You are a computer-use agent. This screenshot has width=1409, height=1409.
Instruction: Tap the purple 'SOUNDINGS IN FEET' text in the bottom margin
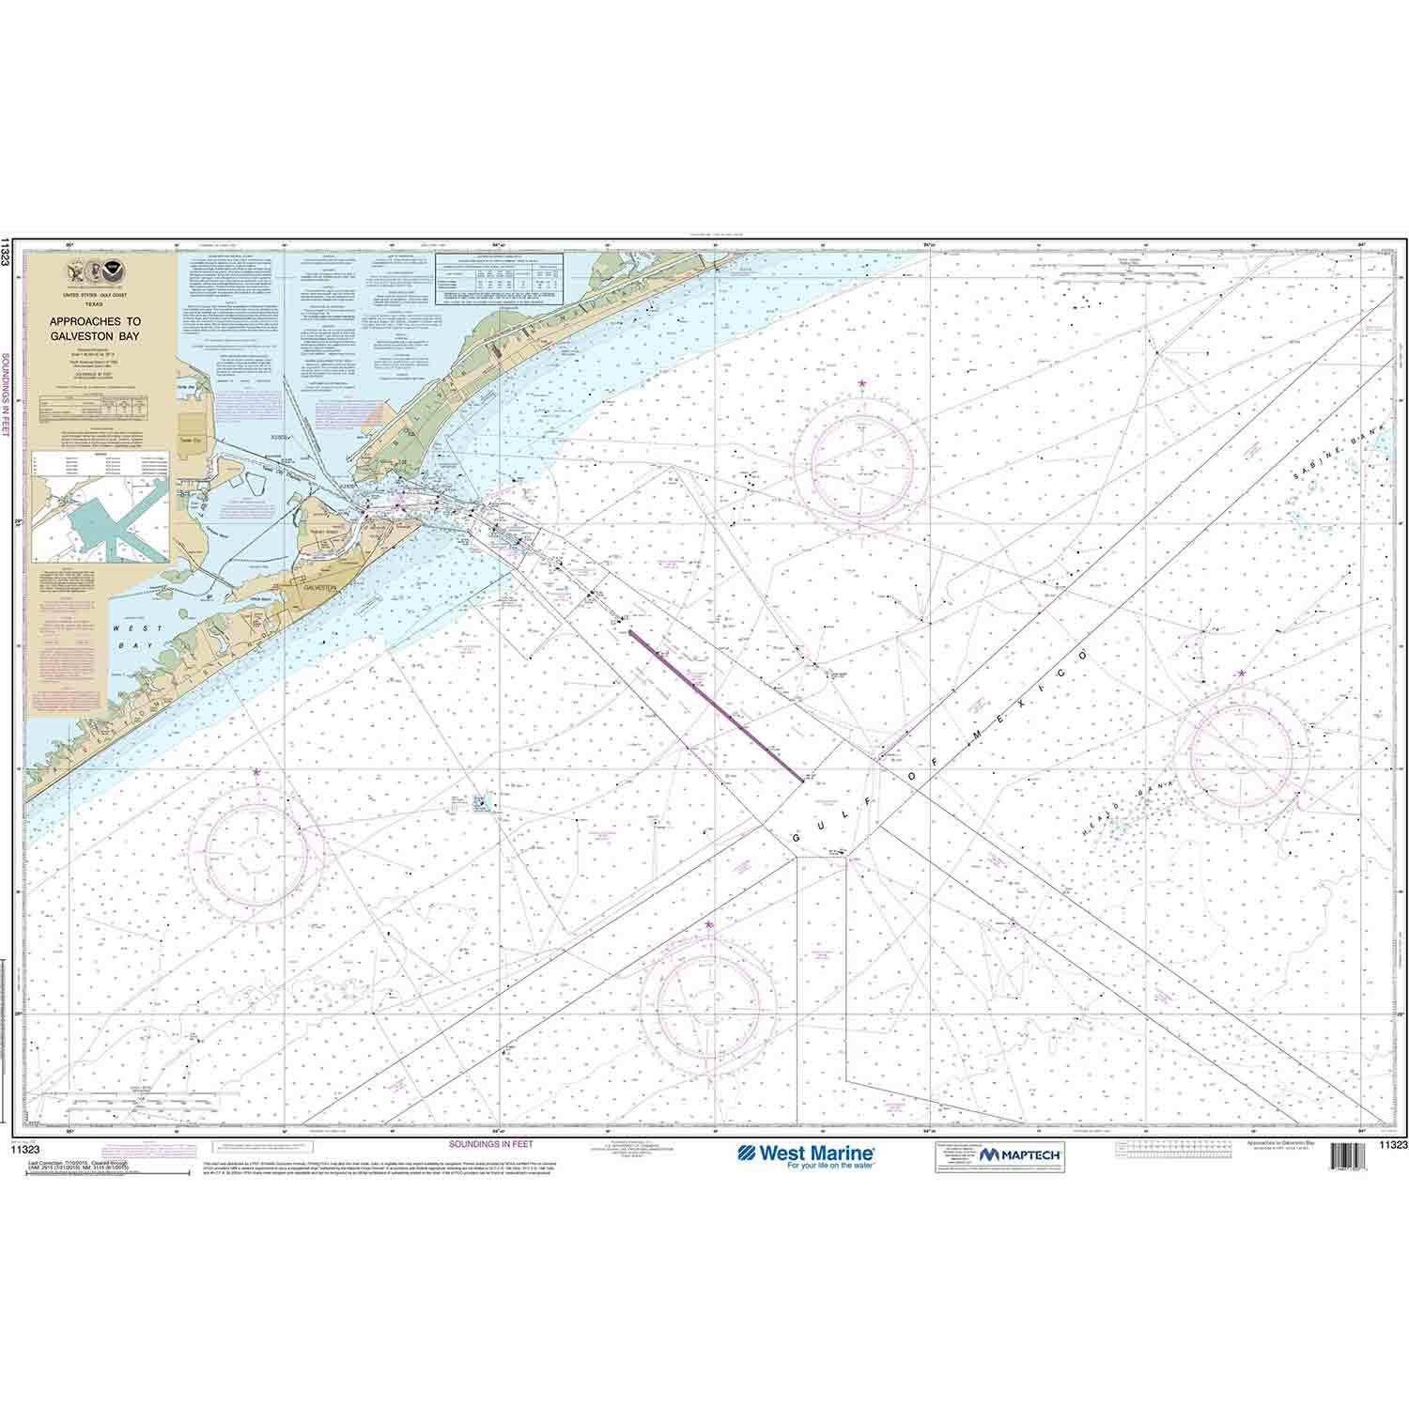490,1145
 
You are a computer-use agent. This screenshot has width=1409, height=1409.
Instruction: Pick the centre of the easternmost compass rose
1248,754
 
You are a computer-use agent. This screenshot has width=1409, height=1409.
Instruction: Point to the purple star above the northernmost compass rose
861,383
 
